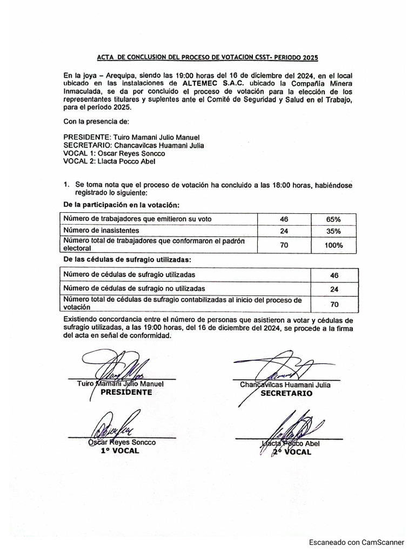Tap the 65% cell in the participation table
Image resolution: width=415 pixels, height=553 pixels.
pyautogui.click(x=333, y=219)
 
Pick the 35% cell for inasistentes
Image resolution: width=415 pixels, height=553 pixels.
pyautogui.click(x=333, y=231)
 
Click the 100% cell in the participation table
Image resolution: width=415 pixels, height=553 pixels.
pyautogui.click(x=333, y=245)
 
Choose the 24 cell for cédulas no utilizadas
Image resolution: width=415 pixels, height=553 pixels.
pyautogui.click(x=333, y=289)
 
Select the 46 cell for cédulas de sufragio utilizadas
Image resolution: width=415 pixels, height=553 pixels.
pyautogui.click(x=333, y=275)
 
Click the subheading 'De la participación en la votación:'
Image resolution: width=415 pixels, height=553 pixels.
pyautogui.click(x=121, y=205)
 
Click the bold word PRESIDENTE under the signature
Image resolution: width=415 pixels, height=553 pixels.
pyautogui.click(x=122, y=393)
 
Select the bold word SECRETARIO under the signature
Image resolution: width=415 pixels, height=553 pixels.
pyautogui.click(x=286, y=394)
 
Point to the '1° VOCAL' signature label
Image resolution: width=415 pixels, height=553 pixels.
pyautogui.click(x=120, y=450)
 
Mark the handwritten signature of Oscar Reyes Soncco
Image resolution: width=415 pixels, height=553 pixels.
pyautogui.click(x=115, y=427)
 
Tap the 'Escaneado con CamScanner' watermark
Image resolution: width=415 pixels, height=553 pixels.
pyautogui.click(x=356, y=543)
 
